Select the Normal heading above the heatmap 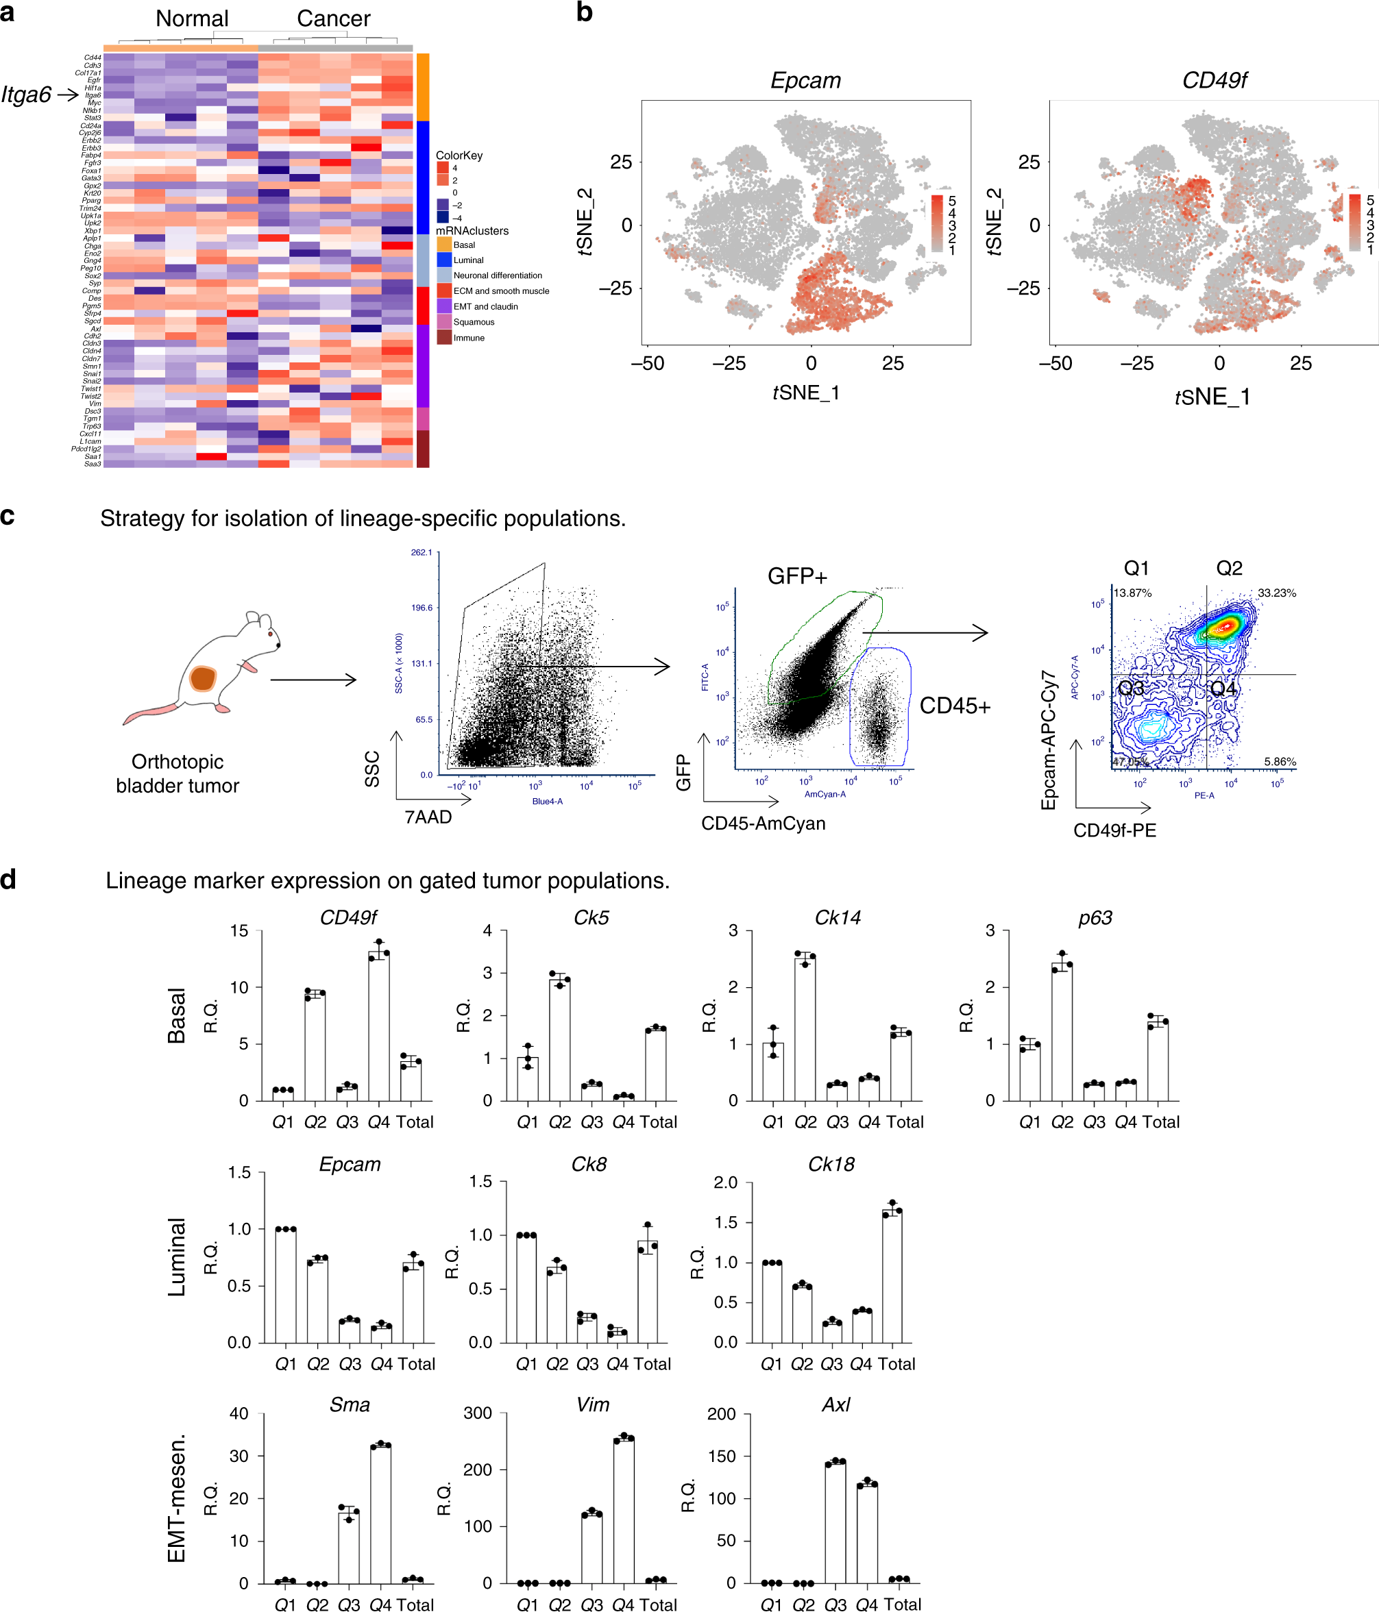[x=191, y=18]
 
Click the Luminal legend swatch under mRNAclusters [x=443, y=260]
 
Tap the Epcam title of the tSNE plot [x=805, y=81]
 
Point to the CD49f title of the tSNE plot [x=1213, y=81]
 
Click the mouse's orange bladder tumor [x=203, y=678]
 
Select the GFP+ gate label [x=797, y=575]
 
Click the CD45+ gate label [x=954, y=706]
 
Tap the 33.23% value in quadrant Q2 [x=1276, y=593]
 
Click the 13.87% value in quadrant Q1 [x=1132, y=593]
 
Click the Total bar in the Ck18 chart [x=892, y=1277]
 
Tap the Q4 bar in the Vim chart [x=623, y=1510]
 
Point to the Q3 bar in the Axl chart [x=835, y=1522]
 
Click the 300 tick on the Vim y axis [x=477, y=1413]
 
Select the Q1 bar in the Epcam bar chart [x=286, y=1285]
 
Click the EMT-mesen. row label [x=177, y=1498]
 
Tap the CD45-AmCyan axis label [x=763, y=823]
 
